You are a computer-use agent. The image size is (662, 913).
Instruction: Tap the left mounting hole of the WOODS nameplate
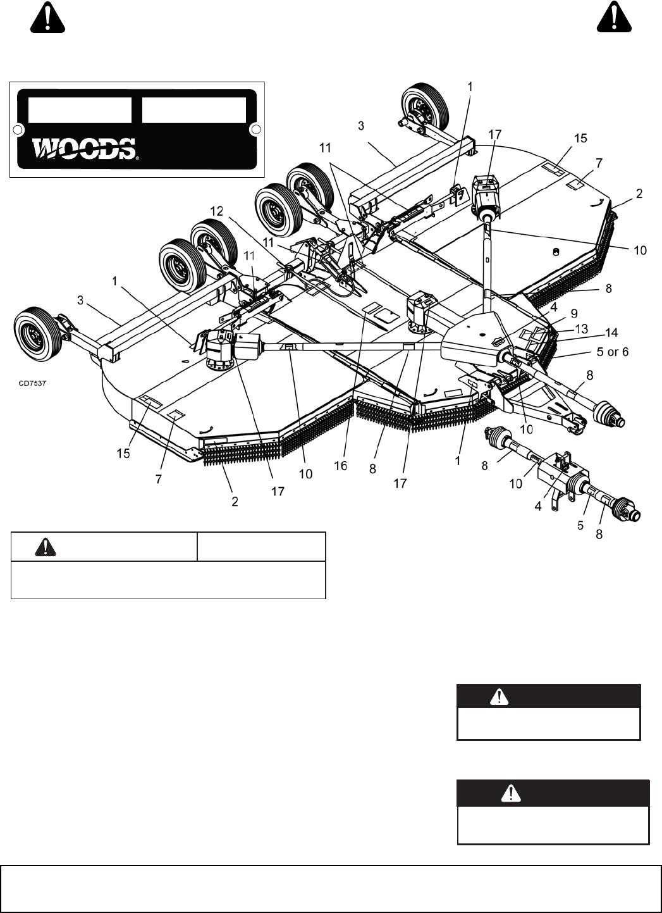click(x=19, y=130)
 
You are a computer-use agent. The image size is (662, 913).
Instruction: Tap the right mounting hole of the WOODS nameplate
click(x=255, y=130)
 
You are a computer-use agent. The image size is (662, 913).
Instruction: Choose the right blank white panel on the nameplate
click(x=193, y=109)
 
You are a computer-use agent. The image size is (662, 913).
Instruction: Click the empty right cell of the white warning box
click(x=261, y=547)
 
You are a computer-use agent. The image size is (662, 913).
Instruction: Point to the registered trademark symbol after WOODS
click(x=137, y=156)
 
